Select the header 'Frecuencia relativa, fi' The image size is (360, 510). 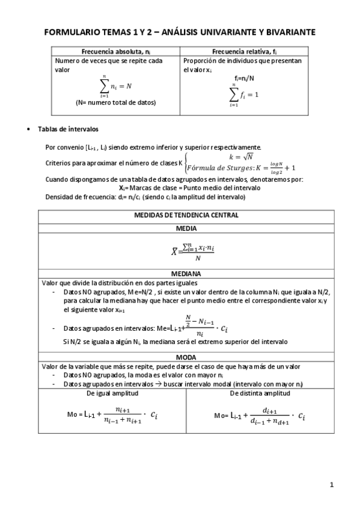click(x=244, y=52)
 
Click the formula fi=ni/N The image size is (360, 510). click(x=244, y=78)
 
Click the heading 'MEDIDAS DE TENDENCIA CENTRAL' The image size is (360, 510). click(x=186, y=215)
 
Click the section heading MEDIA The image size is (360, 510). click(x=186, y=229)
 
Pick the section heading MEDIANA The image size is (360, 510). click(x=186, y=272)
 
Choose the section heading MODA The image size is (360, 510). click(x=186, y=357)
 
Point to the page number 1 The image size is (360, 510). click(x=332, y=484)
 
